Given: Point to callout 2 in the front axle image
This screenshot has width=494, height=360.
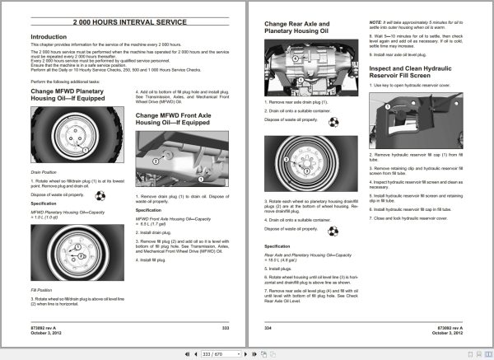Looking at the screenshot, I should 154,162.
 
